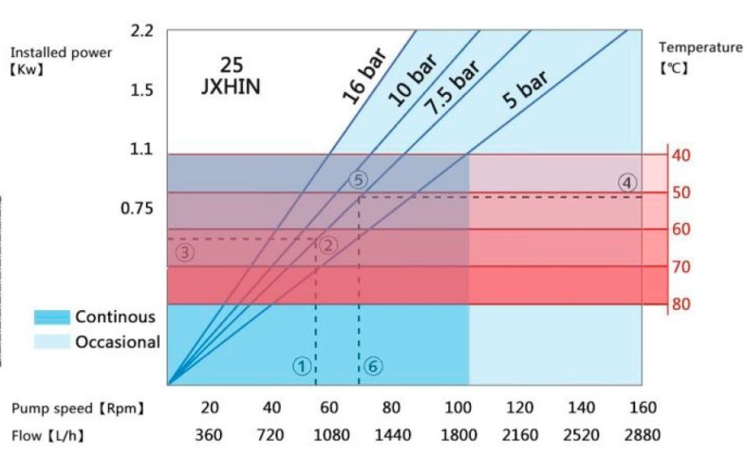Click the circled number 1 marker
(302, 365)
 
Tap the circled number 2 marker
(328, 245)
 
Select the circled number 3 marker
(185, 251)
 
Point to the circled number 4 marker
(627, 182)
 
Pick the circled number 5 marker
(357, 180)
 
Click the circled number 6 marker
(372, 365)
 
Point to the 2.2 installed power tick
(142, 31)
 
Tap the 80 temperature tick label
(681, 304)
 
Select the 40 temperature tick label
(681, 155)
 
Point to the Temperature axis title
(700, 46)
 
